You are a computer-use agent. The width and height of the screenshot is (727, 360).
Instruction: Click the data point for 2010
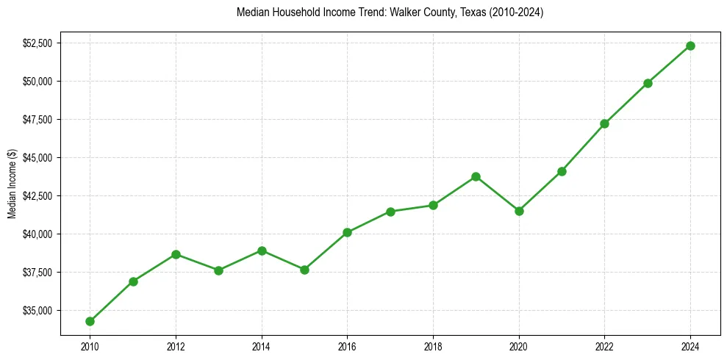tap(90, 321)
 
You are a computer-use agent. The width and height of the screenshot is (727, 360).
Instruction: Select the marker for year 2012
tap(176, 254)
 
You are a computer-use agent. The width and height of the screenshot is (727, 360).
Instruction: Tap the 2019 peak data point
tap(476, 176)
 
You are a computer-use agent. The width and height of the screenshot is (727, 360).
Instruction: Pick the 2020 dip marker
tap(519, 211)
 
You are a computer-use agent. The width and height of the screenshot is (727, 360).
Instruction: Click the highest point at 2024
tap(690, 46)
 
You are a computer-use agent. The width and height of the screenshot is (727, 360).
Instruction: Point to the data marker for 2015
tap(304, 270)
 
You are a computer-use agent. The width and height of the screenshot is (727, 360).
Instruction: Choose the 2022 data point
tap(604, 123)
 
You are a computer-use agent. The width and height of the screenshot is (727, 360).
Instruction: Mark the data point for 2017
tap(390, 212)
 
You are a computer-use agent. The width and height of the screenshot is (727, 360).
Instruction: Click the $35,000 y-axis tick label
tap(37, 311)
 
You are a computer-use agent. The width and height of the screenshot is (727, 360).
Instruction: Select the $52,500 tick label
tap(37, 43)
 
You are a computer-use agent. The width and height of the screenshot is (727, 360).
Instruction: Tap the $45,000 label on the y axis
tap(37, 158)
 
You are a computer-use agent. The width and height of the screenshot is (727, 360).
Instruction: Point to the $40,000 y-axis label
tap(37, 234)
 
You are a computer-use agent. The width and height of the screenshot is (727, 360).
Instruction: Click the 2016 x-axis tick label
tap(347, 345)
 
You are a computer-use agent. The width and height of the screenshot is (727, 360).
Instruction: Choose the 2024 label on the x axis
tap(690, 345)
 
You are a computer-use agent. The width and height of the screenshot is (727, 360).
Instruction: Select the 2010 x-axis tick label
tap(90, 345)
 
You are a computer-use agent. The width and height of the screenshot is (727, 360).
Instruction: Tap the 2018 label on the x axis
tap(433, 345)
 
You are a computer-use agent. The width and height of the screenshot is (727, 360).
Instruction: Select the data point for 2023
tap(648, 83)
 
